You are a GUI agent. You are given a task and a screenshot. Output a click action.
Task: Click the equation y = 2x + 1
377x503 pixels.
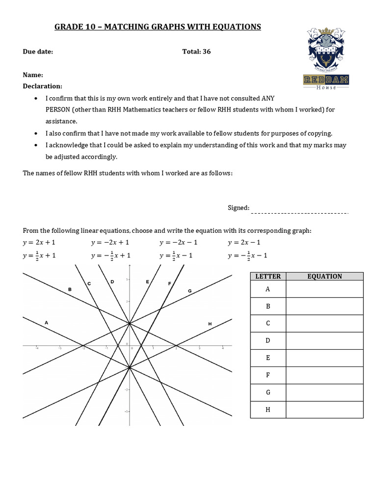tap(39, 243)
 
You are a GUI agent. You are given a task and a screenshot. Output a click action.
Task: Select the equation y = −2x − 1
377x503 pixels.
tap(178, 243)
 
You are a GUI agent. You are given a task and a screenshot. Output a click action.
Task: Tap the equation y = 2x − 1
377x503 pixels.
tap(244, 243)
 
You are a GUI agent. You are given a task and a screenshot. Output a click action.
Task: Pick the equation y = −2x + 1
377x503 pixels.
tap(110, 243)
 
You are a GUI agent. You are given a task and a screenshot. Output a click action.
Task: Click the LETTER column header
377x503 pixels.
tap(268, 276)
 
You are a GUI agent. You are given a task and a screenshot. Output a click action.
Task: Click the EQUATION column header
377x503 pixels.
tap(324, 276)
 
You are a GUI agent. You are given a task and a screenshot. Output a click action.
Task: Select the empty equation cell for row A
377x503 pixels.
tap(324, 289)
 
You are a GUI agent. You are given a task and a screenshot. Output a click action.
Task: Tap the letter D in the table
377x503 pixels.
tap(268, 340)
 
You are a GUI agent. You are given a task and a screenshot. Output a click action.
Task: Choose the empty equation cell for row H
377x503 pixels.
tap(324, 409)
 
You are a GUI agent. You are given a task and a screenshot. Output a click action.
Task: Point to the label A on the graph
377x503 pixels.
tap(47, 323)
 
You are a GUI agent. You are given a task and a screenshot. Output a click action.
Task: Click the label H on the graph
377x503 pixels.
tap(210, 324)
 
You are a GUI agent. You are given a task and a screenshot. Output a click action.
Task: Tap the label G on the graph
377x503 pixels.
tap(189, 291)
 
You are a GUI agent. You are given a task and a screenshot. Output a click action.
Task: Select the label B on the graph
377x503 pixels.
tap(70, 290)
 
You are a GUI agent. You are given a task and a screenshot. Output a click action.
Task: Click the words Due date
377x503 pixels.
tap(38, 52)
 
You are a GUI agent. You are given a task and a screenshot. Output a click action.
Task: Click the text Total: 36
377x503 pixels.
tap(196, 52)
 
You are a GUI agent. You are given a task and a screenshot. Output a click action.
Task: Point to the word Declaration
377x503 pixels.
tap(43, 86)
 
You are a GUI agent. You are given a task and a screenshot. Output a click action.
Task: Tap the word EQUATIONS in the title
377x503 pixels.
tap(237, 27)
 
